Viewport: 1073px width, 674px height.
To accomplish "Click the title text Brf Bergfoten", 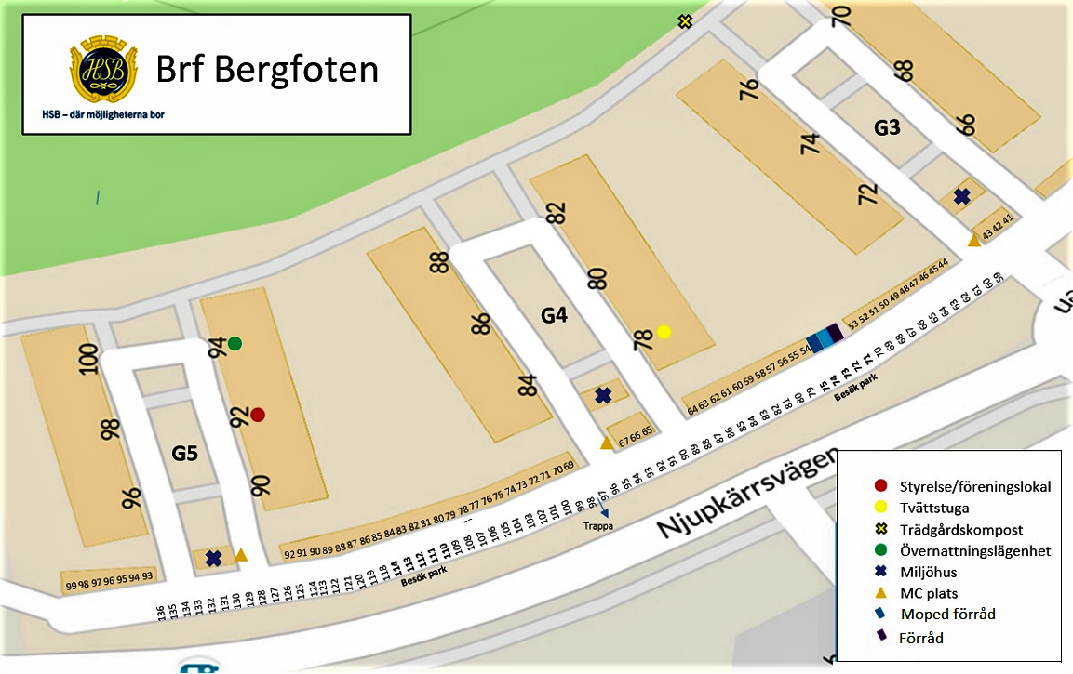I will tap(267, 70).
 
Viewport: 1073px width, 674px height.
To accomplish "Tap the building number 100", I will tap(88, 359).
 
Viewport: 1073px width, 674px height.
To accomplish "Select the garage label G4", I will tap(554, 316).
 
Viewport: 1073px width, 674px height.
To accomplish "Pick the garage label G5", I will tap(185, 454).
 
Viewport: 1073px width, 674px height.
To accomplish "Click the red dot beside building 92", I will tap(258, 414).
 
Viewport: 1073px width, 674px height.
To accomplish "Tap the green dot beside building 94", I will tap(235, 344).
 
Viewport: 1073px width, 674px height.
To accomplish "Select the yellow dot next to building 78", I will tap(664, 332).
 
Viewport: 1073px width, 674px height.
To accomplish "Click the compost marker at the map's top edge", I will tap(685, 20).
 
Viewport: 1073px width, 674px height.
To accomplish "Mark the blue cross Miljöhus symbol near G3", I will tap(961, 196).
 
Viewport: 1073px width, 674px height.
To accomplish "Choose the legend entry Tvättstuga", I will tap(933, 508).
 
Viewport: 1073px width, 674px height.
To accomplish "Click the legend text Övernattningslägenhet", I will tap(974, 550).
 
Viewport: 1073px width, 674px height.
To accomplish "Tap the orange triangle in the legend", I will tap(880, 592).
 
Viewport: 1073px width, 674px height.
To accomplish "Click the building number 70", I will tap(841, 15).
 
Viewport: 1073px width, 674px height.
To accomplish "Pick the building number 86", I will tap(480, 324).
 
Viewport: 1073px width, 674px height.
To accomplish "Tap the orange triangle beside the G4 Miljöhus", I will tap(607, 443).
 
